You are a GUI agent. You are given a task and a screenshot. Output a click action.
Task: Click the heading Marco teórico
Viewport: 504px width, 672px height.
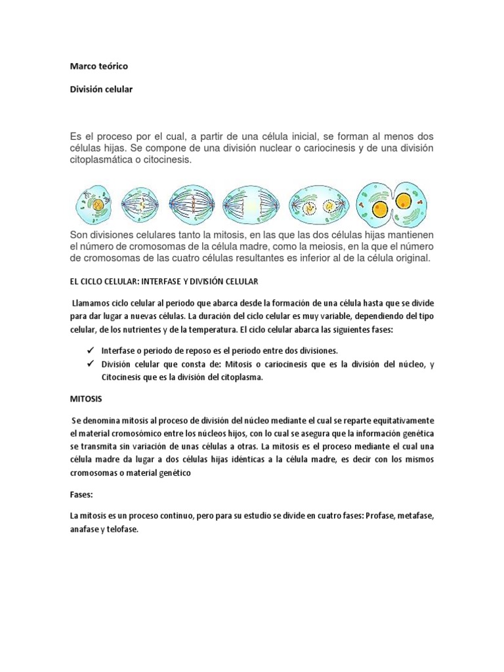click(x=98, y=66)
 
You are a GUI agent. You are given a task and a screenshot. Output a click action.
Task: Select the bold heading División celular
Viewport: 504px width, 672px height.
click(x=101, y=89)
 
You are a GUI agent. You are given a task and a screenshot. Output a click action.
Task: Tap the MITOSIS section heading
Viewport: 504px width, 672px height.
click(x=86, y=398)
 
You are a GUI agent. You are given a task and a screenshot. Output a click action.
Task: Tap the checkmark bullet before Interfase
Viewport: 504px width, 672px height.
click(x=88, y=350)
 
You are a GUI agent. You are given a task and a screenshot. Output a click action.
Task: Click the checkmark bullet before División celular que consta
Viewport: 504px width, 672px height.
click(x=88, y=364)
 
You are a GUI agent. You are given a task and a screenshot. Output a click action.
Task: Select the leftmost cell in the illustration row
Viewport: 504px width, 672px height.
click(x=95, y=204)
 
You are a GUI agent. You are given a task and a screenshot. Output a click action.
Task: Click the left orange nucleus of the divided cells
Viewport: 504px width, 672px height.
click(x=379, y=207)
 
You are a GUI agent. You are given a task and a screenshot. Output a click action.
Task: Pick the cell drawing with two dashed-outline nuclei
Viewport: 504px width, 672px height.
click(x=320, y=204)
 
